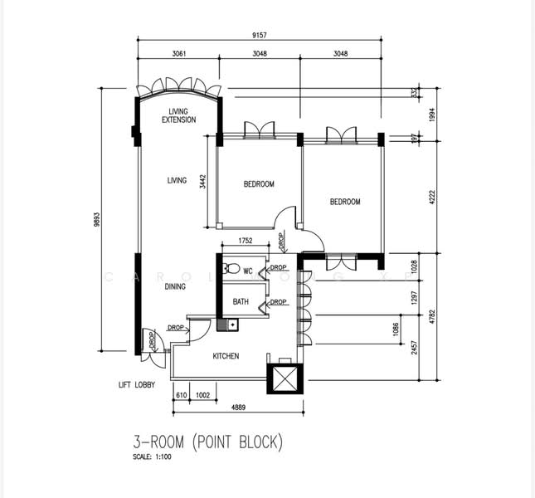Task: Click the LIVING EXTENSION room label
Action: pos(178,115)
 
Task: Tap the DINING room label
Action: pos(175,287)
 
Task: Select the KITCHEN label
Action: pos(226,356)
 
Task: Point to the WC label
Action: pos(247,271)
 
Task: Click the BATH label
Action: pos(241,302)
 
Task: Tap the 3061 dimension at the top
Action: pos(178,53)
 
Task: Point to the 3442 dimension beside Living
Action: pos(203,180)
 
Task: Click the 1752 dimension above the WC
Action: pos(246,241)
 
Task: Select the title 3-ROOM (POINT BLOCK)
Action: pos(208,442)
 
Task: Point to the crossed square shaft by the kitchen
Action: pos(281,378)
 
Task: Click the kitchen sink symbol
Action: pos(221,325)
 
